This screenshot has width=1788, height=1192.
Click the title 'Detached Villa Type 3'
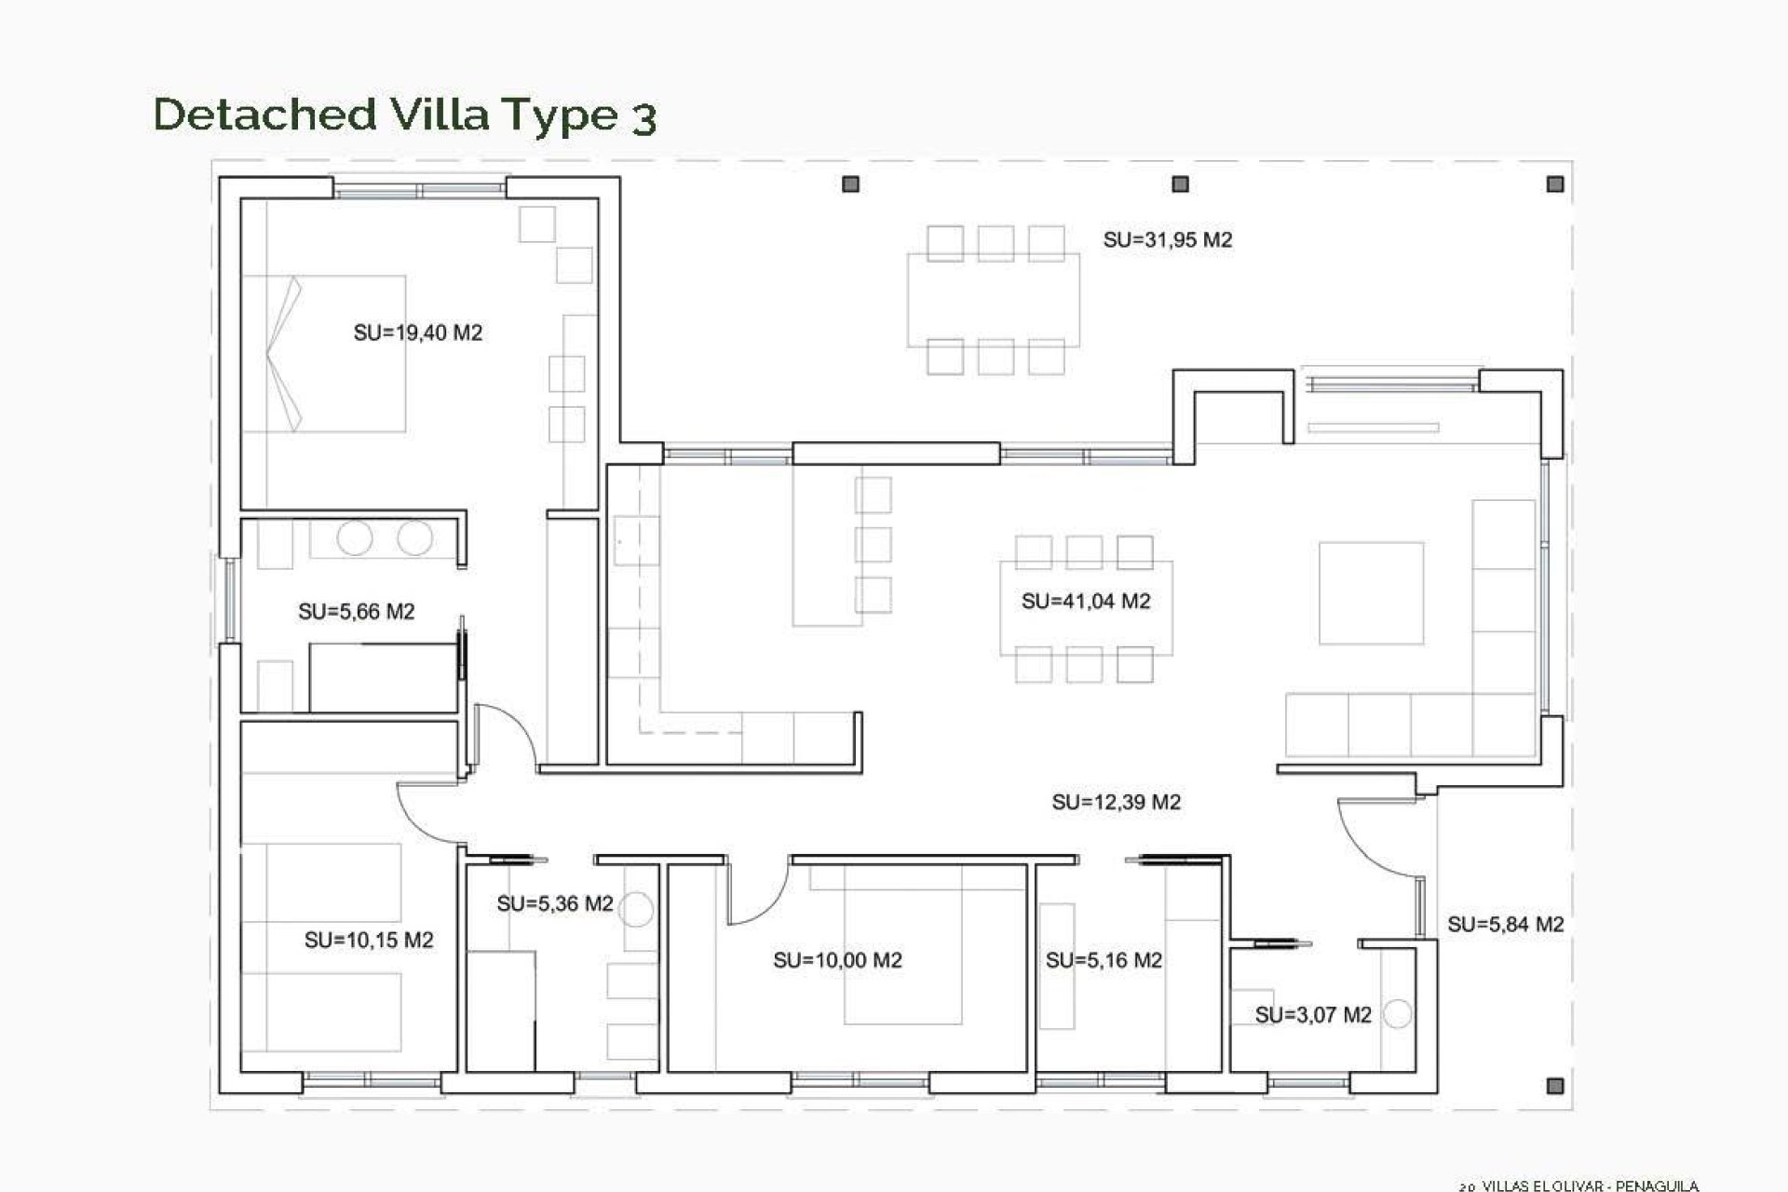point(405,115)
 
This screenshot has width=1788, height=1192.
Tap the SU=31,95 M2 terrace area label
point(1167,240)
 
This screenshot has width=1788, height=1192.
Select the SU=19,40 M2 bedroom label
point(417,332)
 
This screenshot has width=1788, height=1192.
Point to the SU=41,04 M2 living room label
point(1086,602)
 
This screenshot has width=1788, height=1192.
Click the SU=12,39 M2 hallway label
point(1116,802)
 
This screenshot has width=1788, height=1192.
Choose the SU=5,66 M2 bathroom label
point(356,612)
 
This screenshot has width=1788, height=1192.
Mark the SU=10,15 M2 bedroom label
point(369,941)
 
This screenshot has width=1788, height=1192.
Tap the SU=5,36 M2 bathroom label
point(555,903)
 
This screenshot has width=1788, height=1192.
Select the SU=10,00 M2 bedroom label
point(837,960)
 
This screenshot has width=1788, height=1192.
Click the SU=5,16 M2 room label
point(1104,960)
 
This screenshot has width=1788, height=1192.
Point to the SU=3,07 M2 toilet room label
point(1313,1015)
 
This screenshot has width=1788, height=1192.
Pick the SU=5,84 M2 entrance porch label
point(1505,925)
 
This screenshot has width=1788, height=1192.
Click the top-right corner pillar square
point(1554,184)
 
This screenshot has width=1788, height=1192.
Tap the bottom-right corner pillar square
point(1554,1085)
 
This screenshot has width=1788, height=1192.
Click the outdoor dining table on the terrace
point(994,300)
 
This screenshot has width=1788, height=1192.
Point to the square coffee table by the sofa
point(1371,593)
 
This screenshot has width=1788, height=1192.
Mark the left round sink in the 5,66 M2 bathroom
point(355,538)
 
